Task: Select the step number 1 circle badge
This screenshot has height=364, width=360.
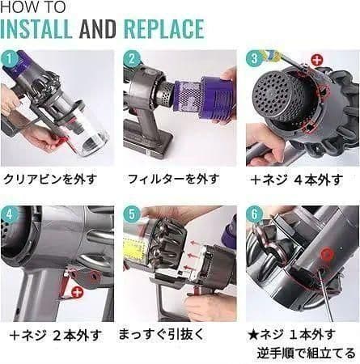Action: tap(10, 59)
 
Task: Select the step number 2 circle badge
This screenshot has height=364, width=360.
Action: tap(132, 59)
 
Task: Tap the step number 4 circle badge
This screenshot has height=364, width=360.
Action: tap(10, 214)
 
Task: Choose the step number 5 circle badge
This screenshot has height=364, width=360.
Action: tap(132, 214)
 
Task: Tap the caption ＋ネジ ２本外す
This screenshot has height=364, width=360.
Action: tap(54, 334)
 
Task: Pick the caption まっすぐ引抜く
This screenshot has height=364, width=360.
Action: tap(161, 334)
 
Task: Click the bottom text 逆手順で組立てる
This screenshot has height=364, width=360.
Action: tap(307, 353)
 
